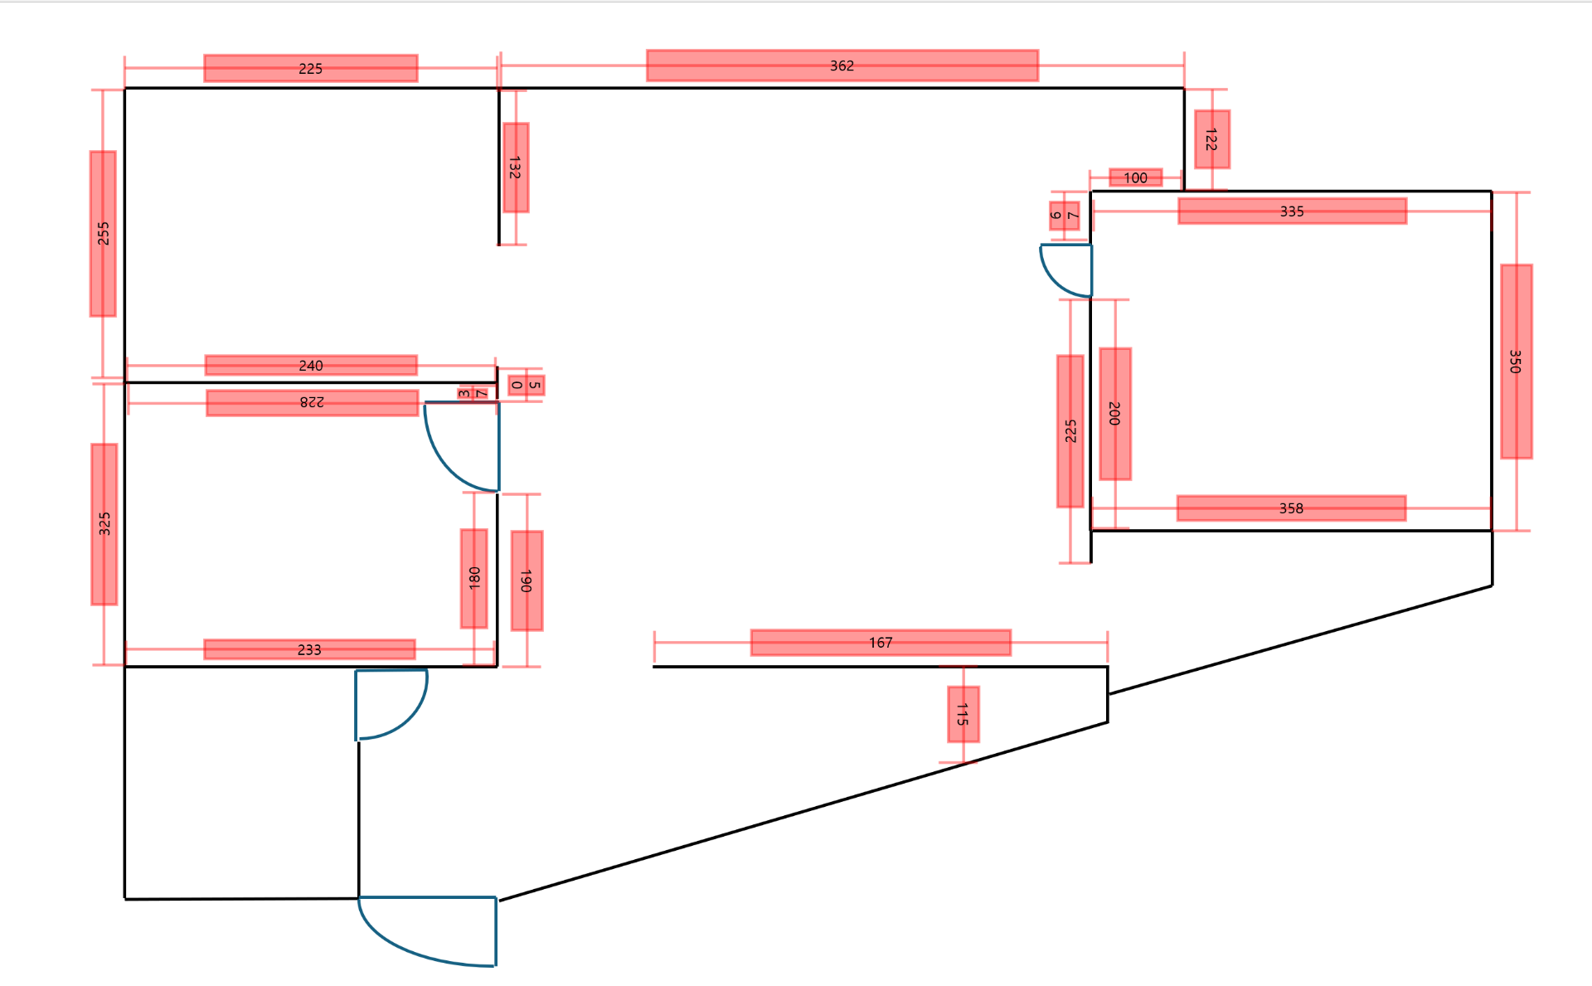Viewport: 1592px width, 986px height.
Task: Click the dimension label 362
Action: coord(842,66)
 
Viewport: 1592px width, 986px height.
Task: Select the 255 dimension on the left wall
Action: coord(103,233)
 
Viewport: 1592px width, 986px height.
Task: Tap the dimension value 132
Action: coord(515,168)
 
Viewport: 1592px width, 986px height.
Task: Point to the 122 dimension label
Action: coord(1211,139)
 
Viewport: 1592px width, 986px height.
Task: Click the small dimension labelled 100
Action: coord(1135,177)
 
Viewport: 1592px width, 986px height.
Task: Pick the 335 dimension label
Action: coord(1292,211)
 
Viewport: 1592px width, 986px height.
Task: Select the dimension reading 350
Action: coord(1516,362)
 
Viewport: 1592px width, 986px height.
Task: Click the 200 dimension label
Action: coord(1115,414)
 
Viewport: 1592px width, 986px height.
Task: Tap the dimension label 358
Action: coord(1291,508)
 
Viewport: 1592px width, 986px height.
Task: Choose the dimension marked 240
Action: coord(311,366)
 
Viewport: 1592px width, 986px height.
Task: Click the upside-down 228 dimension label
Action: coord(312,402)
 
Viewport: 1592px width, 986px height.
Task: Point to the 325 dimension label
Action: coord(104,524)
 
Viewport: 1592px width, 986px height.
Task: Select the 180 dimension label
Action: coord(474,578)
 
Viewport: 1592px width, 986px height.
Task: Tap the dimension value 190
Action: coord(527,580)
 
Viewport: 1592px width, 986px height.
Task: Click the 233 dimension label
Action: coord(309,649)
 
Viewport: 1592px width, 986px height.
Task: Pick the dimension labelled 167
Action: coord(881,643)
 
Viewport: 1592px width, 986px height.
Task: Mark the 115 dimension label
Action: coord(963,714)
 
